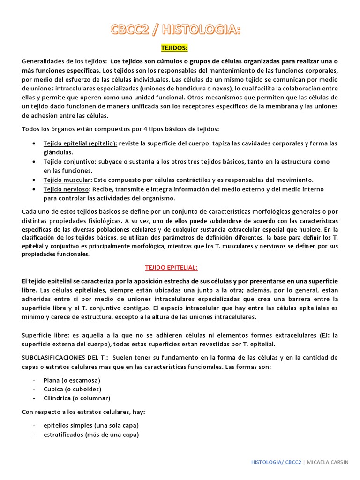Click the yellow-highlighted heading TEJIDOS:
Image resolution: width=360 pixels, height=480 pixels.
[x=174, y=48]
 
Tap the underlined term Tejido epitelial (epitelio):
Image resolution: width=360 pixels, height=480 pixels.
[x=81, y=143]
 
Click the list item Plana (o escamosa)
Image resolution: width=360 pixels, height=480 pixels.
[x=71, y=380]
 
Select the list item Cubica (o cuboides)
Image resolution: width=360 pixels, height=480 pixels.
[x=72, y=389]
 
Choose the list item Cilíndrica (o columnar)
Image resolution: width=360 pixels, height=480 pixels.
[x=76, y=398]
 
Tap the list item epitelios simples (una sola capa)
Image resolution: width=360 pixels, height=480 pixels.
[x=90, y=425]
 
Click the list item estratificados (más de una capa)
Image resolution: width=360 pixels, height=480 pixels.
[x=90, y=435]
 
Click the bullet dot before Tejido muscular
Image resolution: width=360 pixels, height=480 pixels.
[x=35, y=180]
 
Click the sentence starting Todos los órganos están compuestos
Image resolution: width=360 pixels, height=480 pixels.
[x=120, y=129]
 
